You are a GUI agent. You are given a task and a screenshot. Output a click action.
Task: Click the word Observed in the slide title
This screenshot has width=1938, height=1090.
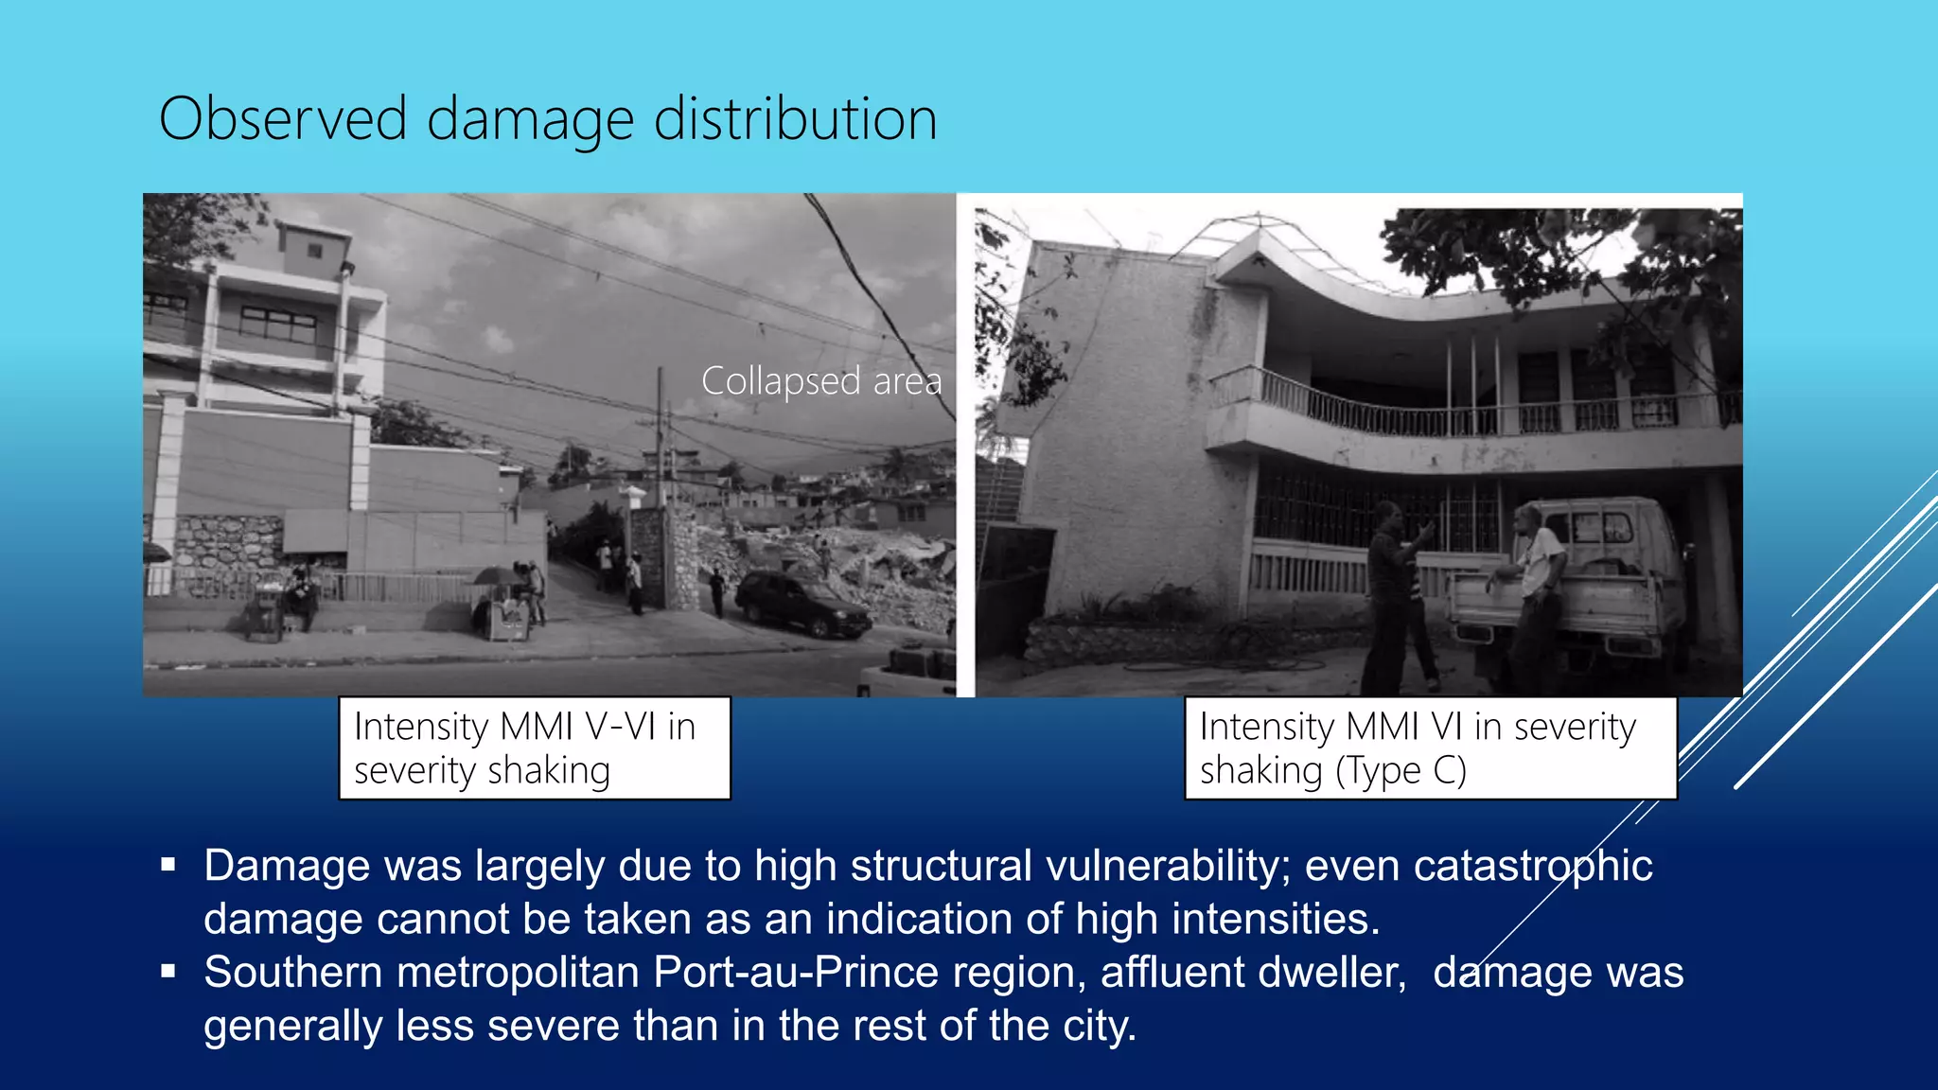[x=282, y=119]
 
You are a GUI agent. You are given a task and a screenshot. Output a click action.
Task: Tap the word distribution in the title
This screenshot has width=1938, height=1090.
[x=795, y=119]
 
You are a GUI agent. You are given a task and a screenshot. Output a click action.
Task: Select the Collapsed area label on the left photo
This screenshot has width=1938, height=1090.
[x=820, y=381]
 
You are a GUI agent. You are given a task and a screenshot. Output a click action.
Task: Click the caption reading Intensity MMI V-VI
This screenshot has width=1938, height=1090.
[x=524, y=727]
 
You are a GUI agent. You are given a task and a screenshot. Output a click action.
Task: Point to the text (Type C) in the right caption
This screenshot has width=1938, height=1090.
[x=1401, y=771]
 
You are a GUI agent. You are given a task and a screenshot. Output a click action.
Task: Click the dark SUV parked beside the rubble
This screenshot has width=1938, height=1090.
[x=802, y=604]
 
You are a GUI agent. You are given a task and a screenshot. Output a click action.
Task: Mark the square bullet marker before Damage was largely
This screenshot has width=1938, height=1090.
[x=168, y=864]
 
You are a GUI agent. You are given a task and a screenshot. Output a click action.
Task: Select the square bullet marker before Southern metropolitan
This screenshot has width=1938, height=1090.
[x=168, y=971]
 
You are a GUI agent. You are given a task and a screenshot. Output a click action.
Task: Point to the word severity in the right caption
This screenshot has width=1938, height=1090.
[x=1575, y=727]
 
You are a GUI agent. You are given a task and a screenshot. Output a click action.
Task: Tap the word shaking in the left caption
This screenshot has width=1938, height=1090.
[x=549, y=771]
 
